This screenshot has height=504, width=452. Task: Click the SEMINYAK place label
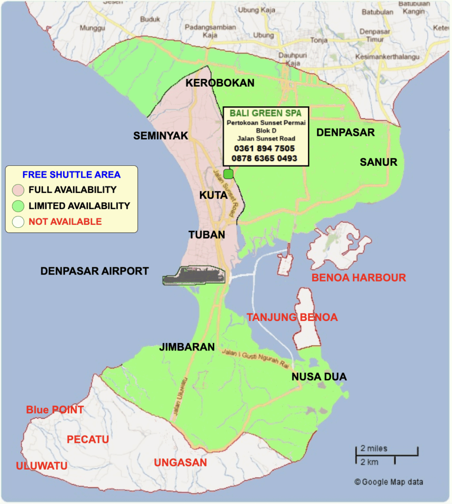161,136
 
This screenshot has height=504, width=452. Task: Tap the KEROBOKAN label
220,83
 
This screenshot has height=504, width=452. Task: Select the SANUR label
378,162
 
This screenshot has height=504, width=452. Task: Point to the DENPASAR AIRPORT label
95,271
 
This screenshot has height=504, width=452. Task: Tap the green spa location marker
228,174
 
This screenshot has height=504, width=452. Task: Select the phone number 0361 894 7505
265,148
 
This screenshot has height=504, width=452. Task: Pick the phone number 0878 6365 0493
265,158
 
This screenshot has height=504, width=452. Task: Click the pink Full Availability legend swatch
19,190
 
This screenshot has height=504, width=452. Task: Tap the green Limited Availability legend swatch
19,206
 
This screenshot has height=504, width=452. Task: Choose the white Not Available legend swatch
19,221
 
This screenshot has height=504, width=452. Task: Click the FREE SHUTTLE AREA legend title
71,174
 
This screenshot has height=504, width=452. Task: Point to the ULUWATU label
41,466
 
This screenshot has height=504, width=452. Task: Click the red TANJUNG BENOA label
292,317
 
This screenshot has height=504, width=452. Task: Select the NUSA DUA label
319,377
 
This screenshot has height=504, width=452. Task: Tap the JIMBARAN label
187,347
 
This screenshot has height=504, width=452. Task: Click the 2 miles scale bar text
374,448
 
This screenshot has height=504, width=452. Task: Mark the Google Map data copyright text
388,482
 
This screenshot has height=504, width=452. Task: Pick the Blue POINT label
55,410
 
